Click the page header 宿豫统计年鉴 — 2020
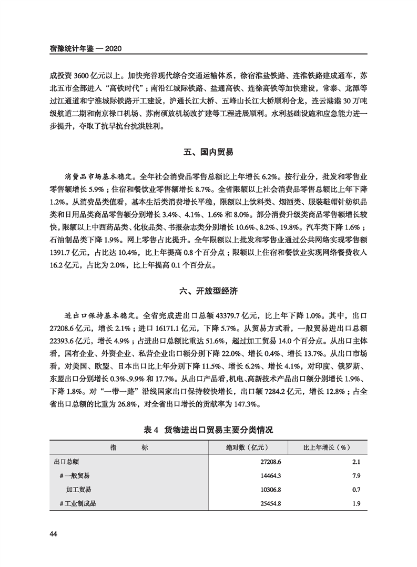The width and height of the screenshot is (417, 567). (85, 48)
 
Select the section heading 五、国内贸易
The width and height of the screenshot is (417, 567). (208, 152)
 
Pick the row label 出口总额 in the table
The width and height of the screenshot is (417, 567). (66, 462)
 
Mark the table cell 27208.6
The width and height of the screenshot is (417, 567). (270, 462)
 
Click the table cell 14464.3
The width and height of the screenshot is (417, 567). (270, 476)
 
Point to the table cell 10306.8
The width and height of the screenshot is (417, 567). (270, 490)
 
